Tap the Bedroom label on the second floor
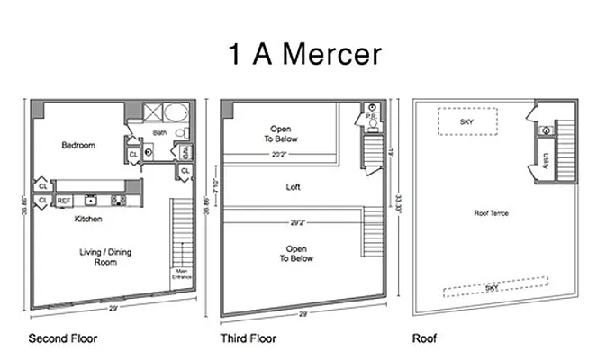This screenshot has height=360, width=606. pos(78,145)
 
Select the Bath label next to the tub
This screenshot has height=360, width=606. pos(159,133)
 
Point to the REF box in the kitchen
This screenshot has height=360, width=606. pos(65,201)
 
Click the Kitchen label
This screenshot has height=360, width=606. pos(88,219)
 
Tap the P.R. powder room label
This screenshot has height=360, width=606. pos(370,118)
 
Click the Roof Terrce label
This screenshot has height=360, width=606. pos(493,213)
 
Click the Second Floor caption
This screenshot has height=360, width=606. pos(63,339)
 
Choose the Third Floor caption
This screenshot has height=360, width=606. pos(249,339)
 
